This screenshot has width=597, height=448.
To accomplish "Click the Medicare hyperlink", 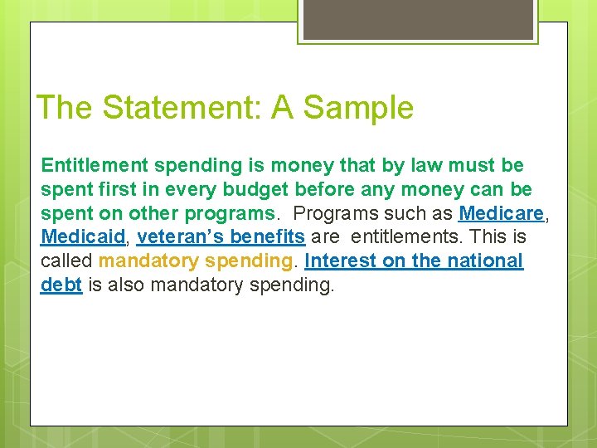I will [x=501, y=213].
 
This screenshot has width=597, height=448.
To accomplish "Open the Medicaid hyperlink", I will [x=83, y=237].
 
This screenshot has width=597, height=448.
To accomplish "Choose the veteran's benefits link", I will [x=221, y=237].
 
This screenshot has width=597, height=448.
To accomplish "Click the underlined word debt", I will [x=61, y=285].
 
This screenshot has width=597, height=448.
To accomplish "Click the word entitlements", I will [x=403, y=237].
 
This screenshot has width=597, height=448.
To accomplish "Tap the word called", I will [x=66, y=261].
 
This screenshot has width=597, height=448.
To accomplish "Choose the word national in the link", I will [x=486, y=261].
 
